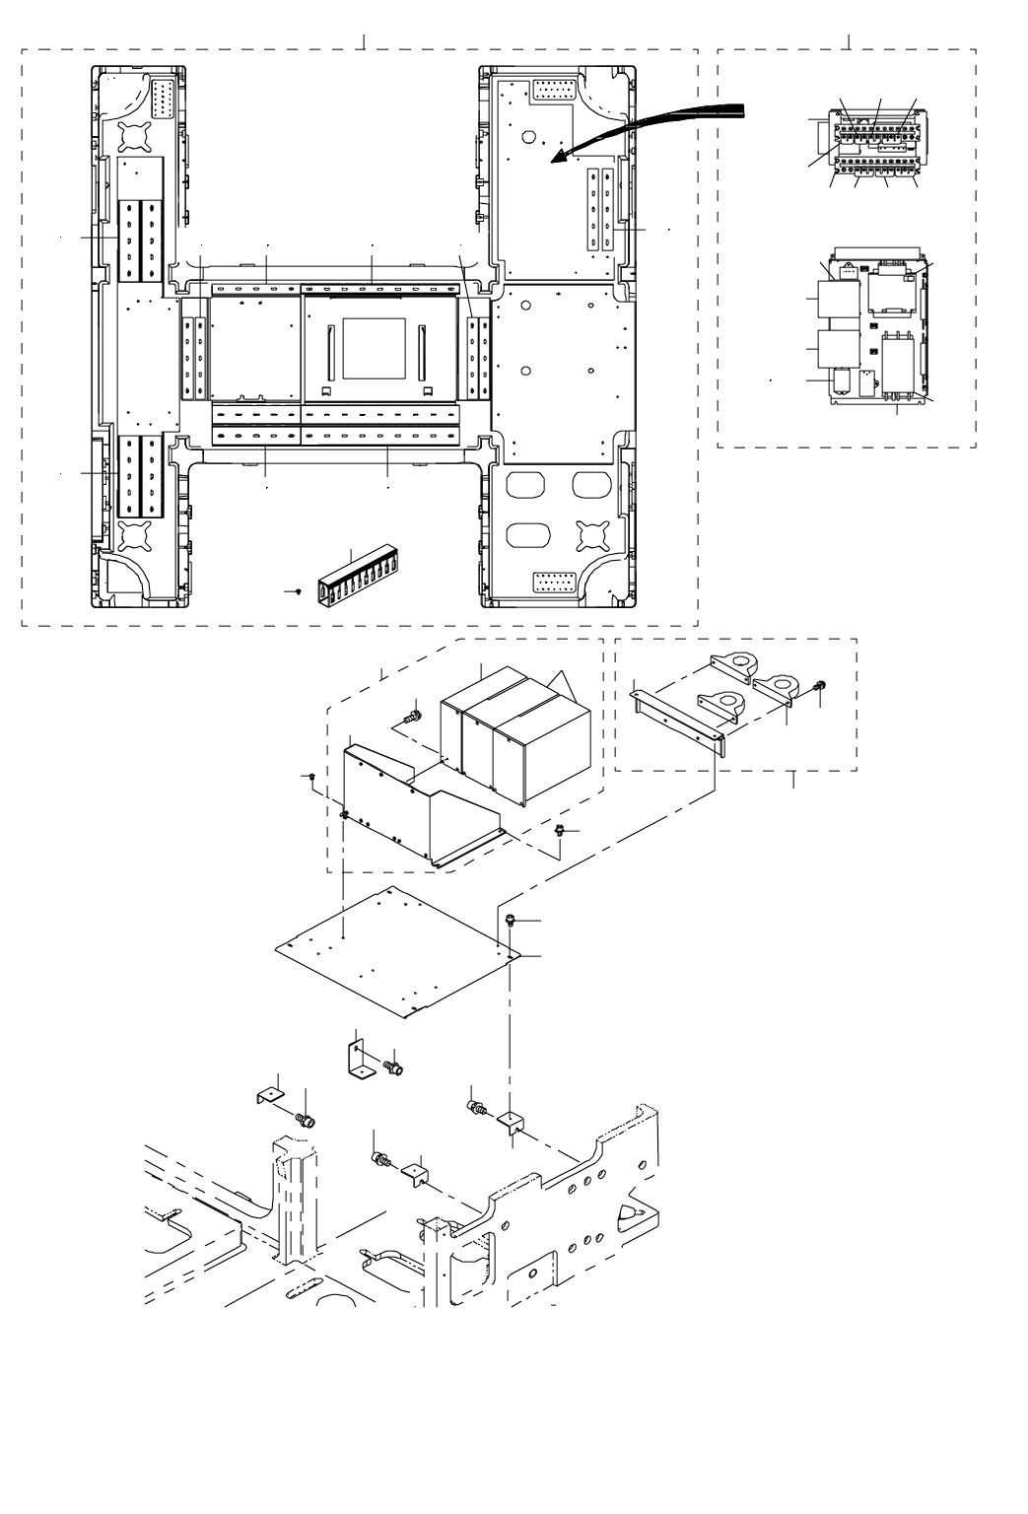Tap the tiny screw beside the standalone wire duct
(x=298, y=591)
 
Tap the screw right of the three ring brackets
(x=817, y=687)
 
